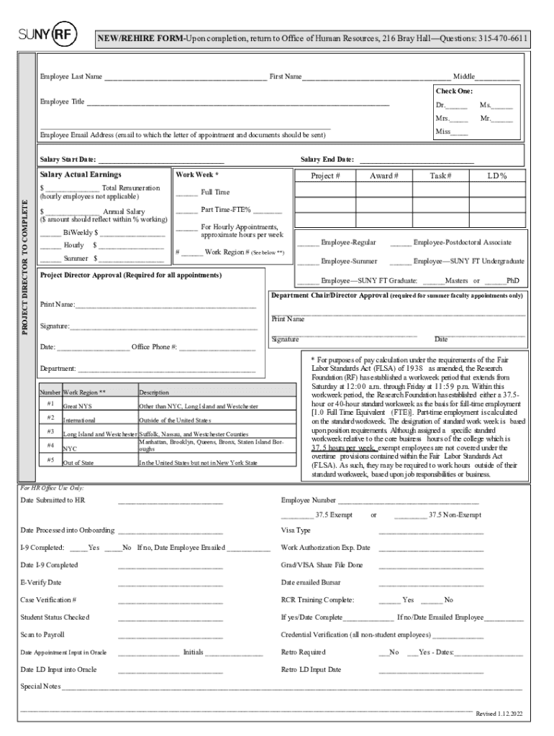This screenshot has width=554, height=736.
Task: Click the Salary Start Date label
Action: [68, 160]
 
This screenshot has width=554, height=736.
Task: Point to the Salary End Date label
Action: [327, 160]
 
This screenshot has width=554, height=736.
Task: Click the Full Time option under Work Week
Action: [215, 193]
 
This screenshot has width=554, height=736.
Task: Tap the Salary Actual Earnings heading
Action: [81, 175]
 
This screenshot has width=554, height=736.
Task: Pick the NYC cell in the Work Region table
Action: [71, 448]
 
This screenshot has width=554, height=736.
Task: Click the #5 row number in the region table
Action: [50, 460]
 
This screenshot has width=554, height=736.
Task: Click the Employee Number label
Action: [308, 500]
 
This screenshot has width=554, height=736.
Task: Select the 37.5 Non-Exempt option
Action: [455, 515]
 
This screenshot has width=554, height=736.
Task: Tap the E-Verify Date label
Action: [41, 582]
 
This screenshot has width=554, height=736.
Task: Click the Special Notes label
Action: [40, 686]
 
